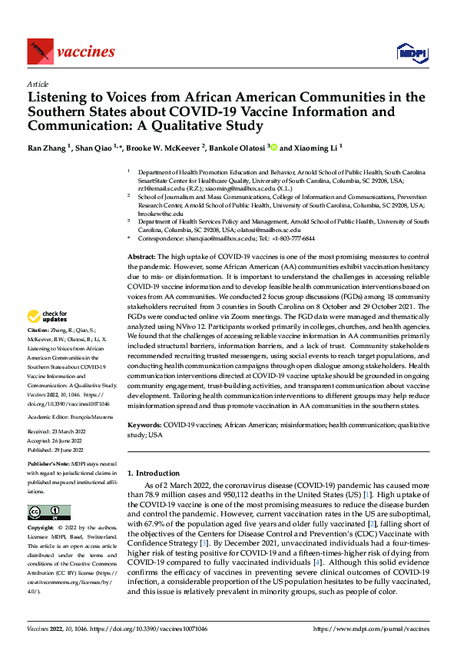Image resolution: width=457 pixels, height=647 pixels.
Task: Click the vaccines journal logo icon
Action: (38, 52)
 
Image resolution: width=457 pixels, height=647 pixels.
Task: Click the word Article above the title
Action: (38, 84)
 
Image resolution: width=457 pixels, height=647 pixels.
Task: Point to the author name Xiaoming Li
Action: (315, 147)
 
